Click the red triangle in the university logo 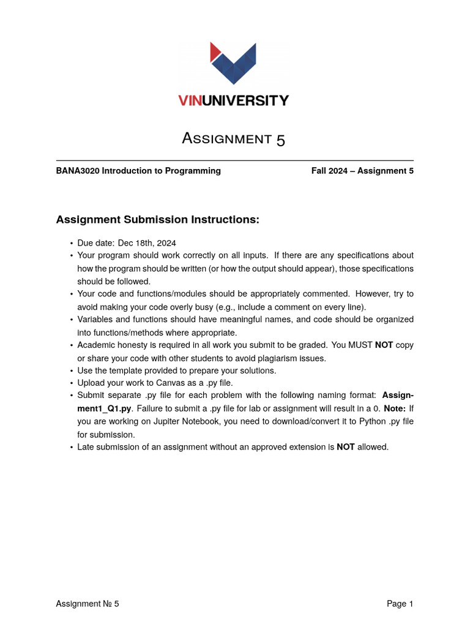pos(214,51)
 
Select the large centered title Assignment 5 pos(234,139)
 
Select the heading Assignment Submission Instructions pos(158,219)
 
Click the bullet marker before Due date pos(72,243)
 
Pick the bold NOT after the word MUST pos(384,345)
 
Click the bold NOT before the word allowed pos(346,447)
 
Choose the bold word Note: pos(395,408)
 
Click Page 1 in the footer pos(400,604)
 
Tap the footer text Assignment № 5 pos(88,604)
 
